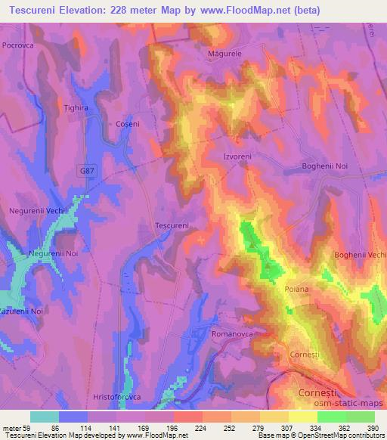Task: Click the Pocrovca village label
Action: [x=19, y=46]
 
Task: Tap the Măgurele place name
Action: [x=224, y=54]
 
